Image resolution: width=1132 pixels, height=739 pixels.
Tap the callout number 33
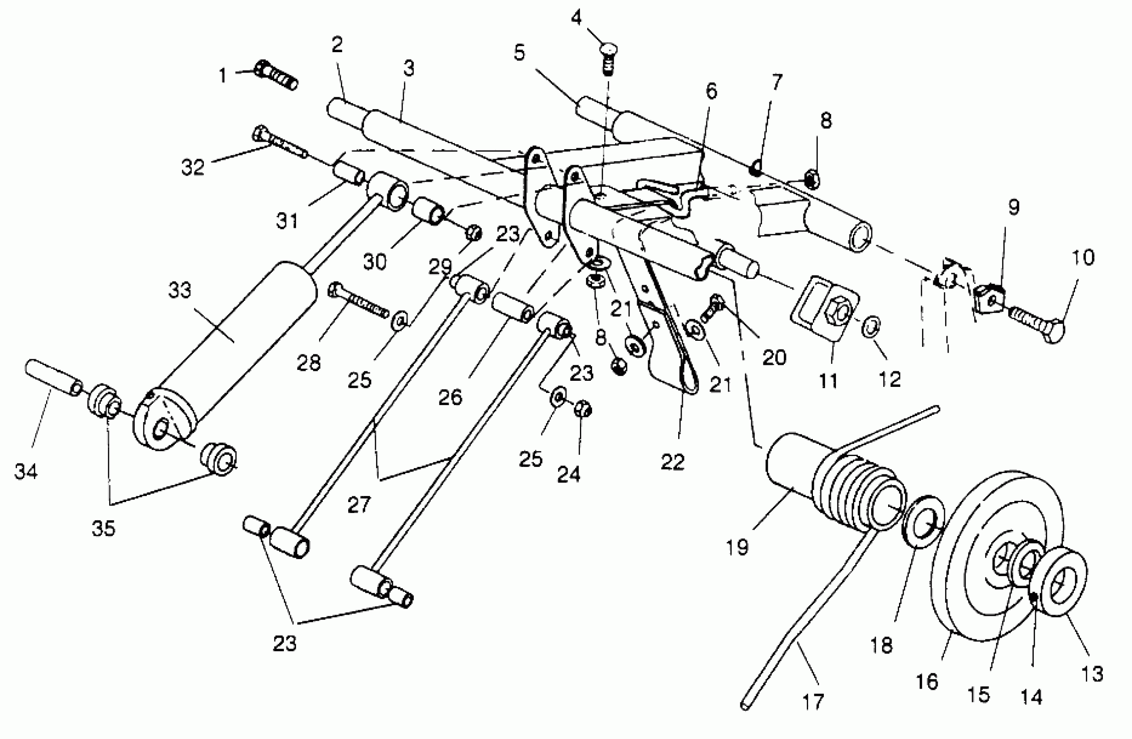180,290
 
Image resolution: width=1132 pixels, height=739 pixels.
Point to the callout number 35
104,528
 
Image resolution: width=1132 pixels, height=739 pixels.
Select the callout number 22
672,462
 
